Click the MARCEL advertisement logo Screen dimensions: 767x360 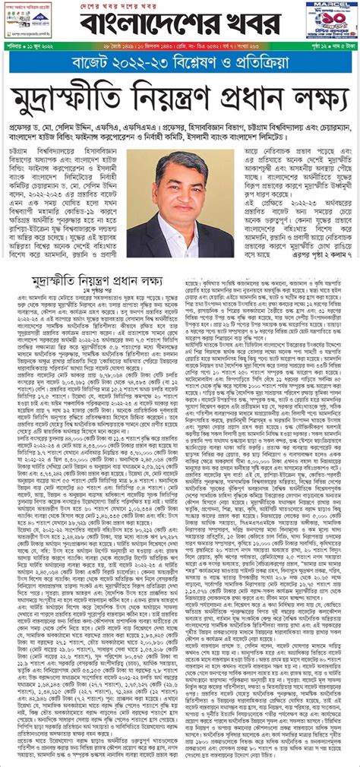320,6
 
